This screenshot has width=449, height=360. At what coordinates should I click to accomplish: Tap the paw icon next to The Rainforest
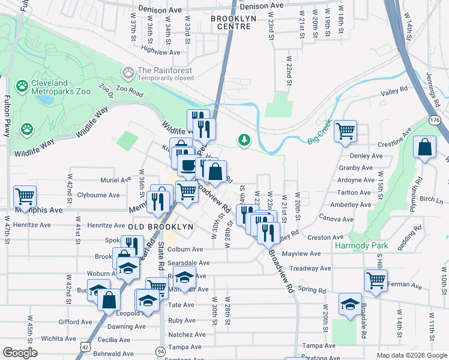(x=128, y=73)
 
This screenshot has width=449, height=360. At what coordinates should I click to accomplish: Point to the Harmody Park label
(x=361, y=245)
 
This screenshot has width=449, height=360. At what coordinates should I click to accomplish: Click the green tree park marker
(x=244, y=140)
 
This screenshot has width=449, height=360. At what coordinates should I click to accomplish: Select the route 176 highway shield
(x=435, y=121)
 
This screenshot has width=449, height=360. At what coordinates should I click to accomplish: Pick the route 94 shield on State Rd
(x=160, y=350)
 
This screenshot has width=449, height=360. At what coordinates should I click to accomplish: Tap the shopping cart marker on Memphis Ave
(x=25, y=196)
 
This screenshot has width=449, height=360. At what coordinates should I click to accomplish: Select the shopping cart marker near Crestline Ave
(x=346, y=130)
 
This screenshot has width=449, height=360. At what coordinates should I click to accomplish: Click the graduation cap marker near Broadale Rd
(x=350, y=304)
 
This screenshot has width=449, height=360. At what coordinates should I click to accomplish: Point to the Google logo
(x=20, y=353)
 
